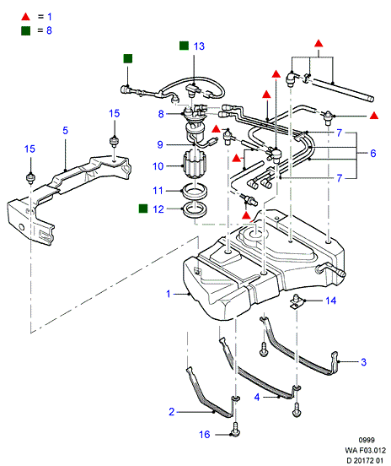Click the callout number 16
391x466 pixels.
[205, 435]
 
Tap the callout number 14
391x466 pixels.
[331, 301]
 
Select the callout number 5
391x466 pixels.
[65, 130]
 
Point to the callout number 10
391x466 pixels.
[158, 166]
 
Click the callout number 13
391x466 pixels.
[199, 46]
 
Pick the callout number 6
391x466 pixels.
[373, 154]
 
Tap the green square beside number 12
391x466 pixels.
[143, 209]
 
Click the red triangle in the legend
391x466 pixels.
[26, 17]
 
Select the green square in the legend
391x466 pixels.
[26, 30]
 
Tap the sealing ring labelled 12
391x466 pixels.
[195, 210]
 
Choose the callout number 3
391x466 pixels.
[363, 362]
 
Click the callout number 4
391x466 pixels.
[257, 397]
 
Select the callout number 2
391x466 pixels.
[172, 412]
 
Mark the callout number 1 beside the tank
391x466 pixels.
[169, 294]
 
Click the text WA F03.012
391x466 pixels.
[366, 450]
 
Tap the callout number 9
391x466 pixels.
[160, 144]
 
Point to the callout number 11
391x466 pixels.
[158, 191]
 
